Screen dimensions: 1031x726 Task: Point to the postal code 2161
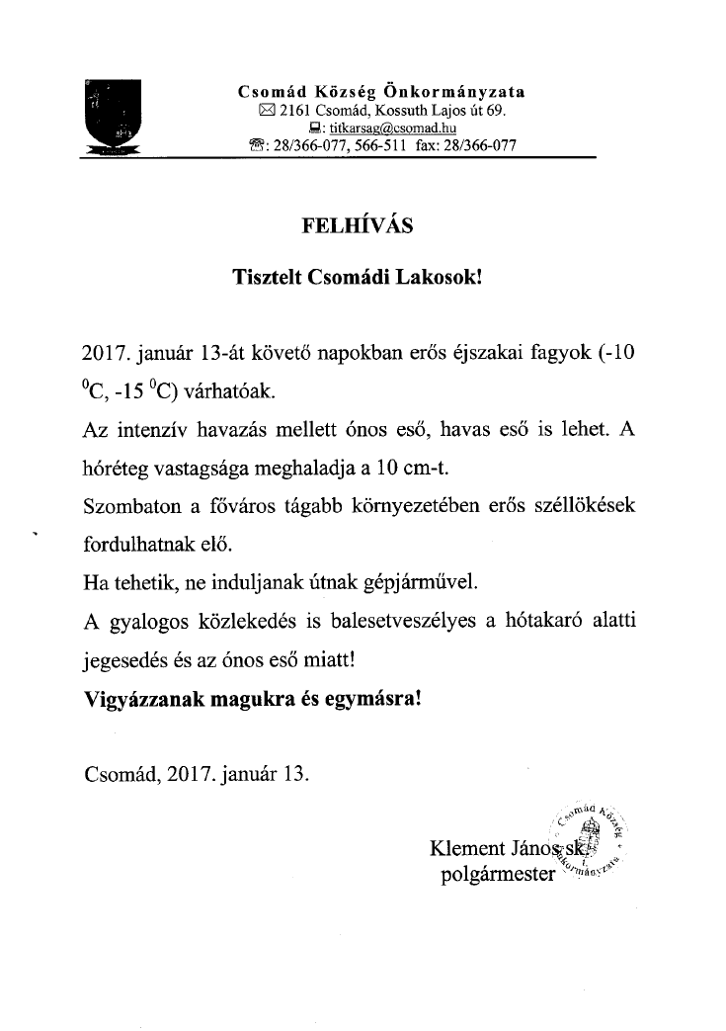tap(295, 110)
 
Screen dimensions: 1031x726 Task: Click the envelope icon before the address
tap(265, 111)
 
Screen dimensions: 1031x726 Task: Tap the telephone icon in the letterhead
tap(259, 145)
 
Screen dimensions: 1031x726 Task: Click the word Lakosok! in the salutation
tap(441, 278)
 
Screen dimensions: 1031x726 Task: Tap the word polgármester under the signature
tap(498, 874)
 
